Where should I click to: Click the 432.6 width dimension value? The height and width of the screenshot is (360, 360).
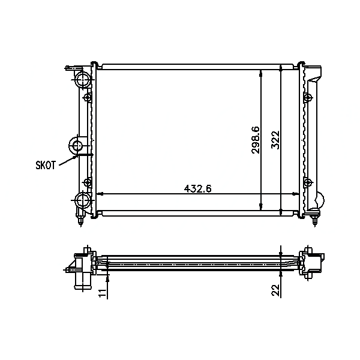click(x=197, y=189)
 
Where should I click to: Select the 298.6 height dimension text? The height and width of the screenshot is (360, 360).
click(x=256, y=140)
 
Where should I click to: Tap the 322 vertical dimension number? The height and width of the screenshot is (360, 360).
click(x=275, y=140)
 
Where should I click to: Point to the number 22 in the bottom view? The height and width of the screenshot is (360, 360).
click(x=276, y=290)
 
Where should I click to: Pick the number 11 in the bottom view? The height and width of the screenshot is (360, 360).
click(x=103, y=293)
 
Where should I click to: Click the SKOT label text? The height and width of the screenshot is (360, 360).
click(x=46, y=165)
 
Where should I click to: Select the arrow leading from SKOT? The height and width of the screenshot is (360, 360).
click(x=68, y=160)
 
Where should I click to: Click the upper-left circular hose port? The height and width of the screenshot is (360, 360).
click(x=83, y=79)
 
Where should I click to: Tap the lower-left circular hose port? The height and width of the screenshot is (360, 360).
click(x=83, y=200)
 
